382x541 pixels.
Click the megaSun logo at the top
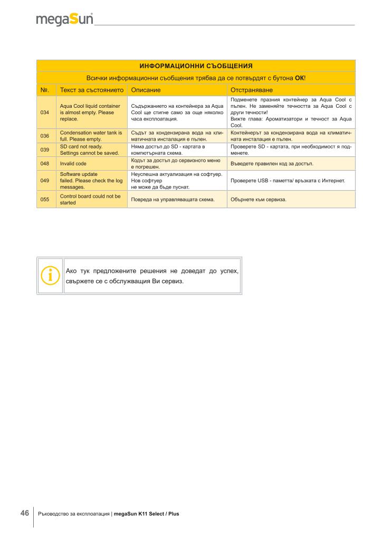64,20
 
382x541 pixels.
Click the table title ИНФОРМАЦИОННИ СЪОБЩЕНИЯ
196,66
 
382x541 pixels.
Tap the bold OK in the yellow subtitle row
299,78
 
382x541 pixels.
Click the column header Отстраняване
251,90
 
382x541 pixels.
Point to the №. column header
45,90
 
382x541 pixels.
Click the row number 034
45,113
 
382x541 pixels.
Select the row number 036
45,136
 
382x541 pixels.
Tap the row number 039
45,150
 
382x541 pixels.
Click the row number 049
45,180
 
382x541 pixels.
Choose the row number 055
45,199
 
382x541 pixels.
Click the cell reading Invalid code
73,164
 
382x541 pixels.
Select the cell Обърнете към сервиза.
259,199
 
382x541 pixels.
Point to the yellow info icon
51,275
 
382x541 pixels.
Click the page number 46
25,513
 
